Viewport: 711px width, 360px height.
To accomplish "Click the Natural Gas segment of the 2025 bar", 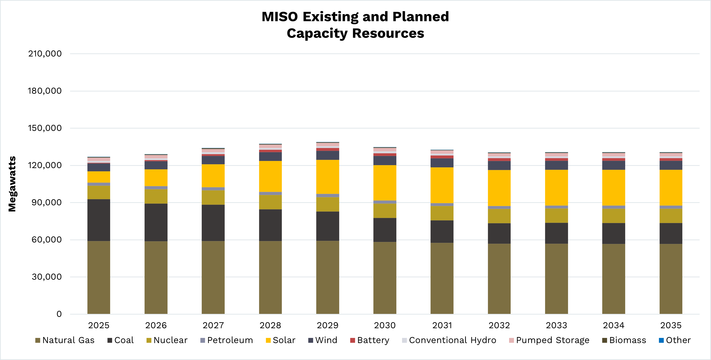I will (99, 277).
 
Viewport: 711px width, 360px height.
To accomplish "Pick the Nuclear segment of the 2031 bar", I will (442, 213).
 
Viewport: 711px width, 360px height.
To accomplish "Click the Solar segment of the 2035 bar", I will (671, 188).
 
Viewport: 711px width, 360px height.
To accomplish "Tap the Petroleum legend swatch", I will (203, 340).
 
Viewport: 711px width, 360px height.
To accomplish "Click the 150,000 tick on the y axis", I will (45, 128).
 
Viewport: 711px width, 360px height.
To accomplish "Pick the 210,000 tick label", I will (45, 54).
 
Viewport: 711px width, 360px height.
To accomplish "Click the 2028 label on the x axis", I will (270, 325).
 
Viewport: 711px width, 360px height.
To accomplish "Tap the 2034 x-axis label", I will (613, 325).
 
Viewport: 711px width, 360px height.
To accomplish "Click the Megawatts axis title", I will (12, 184).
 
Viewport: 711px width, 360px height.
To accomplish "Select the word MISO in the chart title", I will (279, 17).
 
